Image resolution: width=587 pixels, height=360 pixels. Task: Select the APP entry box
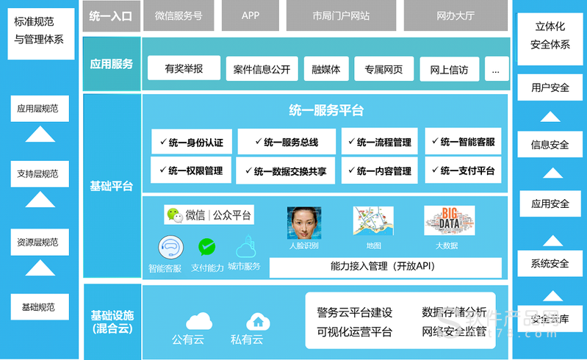pyautogui.click(x=251, y=15)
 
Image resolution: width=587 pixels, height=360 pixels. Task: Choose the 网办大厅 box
pyautogui.click(x=455, y=15)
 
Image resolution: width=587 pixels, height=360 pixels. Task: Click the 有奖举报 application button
pyautogui.click(x=184, y=69)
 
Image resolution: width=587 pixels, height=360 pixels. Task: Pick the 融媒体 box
pyautogui.click(x=325, y=70)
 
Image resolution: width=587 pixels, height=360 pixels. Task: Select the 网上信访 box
pyautogui.click(x=449, y=70)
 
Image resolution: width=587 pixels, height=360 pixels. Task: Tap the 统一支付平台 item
pyautogui.click(x=463, y=170)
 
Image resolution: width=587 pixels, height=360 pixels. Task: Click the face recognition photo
pyautogui.click(x=304, y=221)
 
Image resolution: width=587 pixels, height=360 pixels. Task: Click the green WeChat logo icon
pyautogui.click(x=173, y=215)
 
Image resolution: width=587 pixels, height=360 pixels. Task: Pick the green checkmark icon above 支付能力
pyautogui.click(x=207, y=247)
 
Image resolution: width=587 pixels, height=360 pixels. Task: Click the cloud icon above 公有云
pyautogui.click(x=198, y=320)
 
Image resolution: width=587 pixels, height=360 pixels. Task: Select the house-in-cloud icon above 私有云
pyautogui.click(x=258, y=320)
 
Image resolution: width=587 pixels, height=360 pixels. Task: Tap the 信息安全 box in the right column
pyautogui.click(x=550, y=144)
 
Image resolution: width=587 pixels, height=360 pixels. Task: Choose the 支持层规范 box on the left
pyautogui.click(x=37, y=174)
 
